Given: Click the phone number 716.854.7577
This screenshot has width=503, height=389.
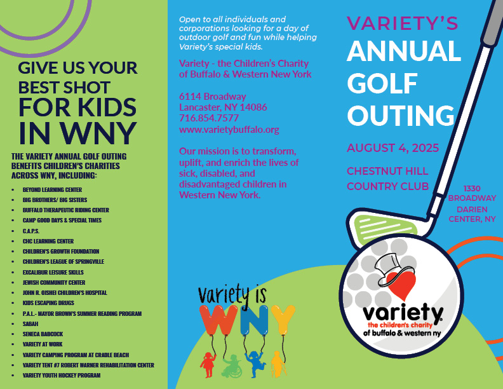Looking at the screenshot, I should [209, 118].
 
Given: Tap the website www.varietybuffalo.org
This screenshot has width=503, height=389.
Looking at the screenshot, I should [229, 129].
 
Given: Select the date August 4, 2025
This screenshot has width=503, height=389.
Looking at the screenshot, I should [392, 148].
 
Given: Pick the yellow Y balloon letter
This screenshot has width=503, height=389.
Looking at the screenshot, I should [281, 320].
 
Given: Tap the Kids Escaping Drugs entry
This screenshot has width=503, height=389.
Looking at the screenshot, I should [48, 303].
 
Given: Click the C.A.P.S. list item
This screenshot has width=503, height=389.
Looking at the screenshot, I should [31, 231].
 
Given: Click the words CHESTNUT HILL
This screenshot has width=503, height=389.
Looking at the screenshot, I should [387, 171].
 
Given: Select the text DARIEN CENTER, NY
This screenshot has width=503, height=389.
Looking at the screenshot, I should [472, 214].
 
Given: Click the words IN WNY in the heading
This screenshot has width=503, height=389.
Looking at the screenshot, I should [77, 132].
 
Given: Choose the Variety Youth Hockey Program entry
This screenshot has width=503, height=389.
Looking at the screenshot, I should [62, 376].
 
